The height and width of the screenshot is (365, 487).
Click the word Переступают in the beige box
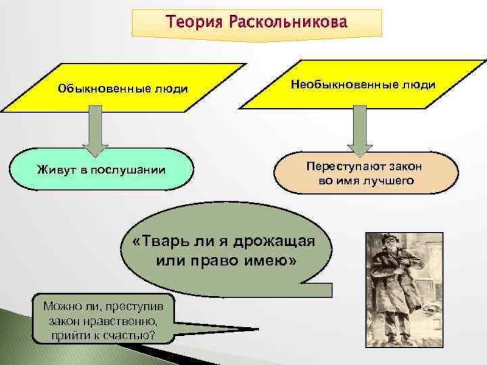point(341,165)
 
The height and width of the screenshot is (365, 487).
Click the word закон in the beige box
point(405,165)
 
